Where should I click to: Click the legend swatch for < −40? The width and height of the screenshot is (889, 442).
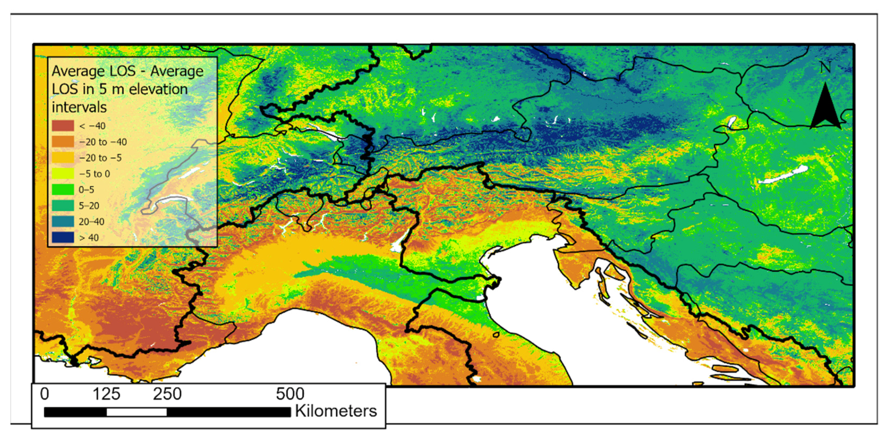tap(63, 125)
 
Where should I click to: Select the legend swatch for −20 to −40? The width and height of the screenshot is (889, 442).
tap(63, 141)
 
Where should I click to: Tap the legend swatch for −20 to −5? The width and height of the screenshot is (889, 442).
tap(63, 158)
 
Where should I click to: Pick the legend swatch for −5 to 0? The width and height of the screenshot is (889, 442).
tap(63, 173)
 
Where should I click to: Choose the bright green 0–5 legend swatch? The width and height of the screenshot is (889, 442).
tap(63, 189)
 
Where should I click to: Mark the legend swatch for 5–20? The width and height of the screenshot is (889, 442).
tap(63, 206)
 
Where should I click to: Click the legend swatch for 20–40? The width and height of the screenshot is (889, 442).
tap(63, 222)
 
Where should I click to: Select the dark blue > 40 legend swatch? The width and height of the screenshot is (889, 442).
tap(63, 237)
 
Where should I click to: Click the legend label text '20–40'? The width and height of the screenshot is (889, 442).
tap(91, 222)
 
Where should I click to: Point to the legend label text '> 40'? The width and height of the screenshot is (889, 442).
tap(89, 238)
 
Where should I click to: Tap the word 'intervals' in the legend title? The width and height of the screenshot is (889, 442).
tap(79, 107)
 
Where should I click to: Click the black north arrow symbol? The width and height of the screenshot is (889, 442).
tap(825, 107)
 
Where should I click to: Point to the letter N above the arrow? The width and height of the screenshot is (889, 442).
tap(825, 68)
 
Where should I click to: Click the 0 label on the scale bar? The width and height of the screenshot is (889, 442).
tap(45, 394)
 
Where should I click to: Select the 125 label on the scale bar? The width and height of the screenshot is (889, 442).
tap(106, 394)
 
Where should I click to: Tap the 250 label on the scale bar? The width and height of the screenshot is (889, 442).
tap(167, 394)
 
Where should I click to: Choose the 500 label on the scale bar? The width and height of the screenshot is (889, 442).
tap(290, 394)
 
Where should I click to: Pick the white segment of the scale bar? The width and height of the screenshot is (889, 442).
tap(137, 412)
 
